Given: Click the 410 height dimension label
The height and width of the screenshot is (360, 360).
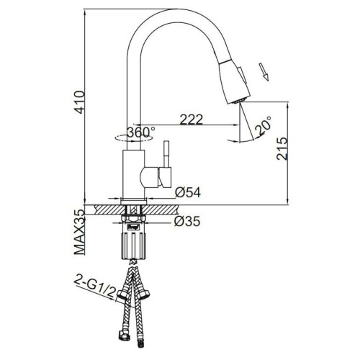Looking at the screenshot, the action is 80,102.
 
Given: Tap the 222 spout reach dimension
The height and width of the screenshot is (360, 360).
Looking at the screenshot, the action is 192,120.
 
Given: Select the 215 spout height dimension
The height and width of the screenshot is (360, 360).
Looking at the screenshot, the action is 282,148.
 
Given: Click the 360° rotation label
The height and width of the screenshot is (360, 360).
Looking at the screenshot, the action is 141,132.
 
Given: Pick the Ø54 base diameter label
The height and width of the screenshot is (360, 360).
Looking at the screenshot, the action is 188,192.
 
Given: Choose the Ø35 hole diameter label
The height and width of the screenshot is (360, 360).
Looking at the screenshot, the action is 187,221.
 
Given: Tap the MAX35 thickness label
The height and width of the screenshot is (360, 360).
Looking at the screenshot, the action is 80,232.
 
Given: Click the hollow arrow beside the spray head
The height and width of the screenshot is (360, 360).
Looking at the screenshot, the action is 264,72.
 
